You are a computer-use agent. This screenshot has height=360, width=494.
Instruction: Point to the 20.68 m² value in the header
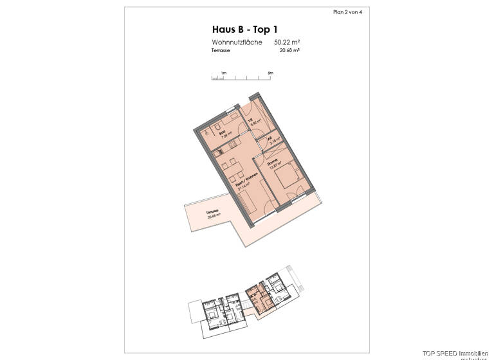click(x=282, y=50)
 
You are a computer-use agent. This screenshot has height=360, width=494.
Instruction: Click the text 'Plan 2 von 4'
click(x=348, y=12)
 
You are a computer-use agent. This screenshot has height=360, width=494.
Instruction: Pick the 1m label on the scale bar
click(x=224, y=73)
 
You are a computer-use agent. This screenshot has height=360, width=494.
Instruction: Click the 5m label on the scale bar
click(x=271, y=73)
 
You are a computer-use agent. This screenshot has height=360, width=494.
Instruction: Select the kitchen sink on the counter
click(x=219, y=152)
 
